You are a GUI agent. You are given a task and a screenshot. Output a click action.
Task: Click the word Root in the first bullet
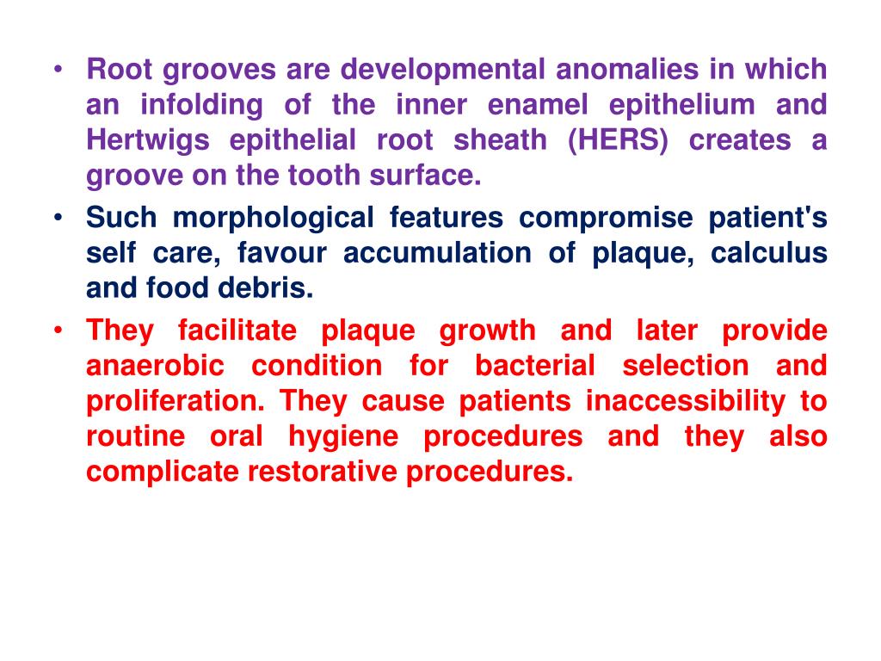[114, 69]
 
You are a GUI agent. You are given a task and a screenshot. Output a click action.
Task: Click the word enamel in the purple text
[539, 105]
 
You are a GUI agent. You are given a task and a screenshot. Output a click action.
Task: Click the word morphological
[273, 219]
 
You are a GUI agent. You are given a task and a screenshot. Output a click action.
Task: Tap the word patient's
[767, 219]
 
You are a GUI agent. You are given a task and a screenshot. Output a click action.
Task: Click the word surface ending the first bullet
[428, 176]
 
